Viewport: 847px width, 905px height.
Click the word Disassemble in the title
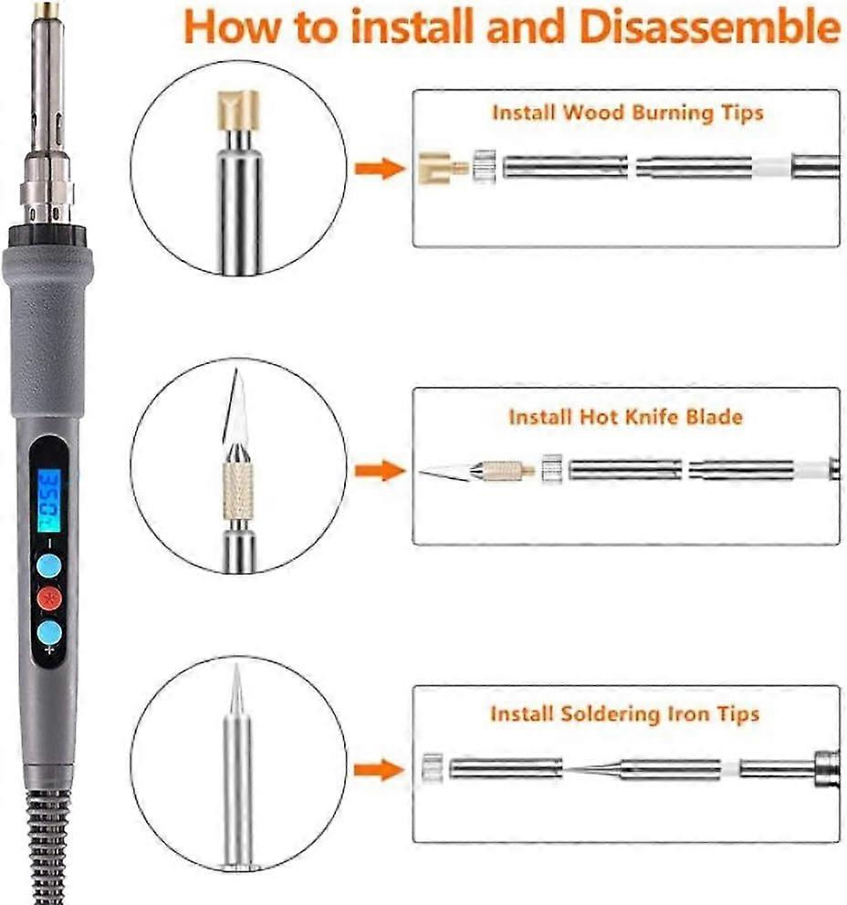(709, 26)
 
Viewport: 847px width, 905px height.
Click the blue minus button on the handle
(49, 567)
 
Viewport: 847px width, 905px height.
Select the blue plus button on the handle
(49, 632)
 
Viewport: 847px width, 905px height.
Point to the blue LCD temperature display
(49, 500)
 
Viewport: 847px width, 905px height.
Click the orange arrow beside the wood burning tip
(380, 169)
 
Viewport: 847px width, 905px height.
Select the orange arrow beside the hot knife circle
(380, 471)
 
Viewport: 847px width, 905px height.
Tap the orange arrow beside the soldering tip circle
(380, 770)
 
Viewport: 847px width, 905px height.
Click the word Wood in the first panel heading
(594, 111)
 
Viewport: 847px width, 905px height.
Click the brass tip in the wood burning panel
(443, 168)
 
